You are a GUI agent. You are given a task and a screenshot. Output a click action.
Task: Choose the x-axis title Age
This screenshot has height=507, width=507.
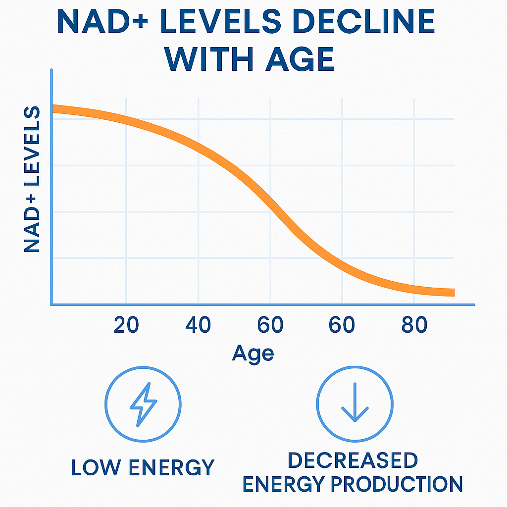coord(253,353)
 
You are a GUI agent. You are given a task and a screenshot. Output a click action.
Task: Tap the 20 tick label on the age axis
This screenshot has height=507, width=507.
coord(126,325)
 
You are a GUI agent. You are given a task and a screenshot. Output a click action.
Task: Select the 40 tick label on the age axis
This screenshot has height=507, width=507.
coord(198,325)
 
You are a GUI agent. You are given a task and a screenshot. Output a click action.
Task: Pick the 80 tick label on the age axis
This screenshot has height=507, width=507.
coord(414,325)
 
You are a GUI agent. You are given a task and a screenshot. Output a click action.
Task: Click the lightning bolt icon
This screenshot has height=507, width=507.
coord(143,404)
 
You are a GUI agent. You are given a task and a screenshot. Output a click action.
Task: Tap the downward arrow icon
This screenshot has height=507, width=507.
coord(355,404)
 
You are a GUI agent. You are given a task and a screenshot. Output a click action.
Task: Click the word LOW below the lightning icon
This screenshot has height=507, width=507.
coord(94,468)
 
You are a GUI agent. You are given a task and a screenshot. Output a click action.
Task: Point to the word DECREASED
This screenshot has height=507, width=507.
coord(353,460)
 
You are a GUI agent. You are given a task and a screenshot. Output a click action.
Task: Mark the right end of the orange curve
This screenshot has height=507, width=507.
coord(452,292)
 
